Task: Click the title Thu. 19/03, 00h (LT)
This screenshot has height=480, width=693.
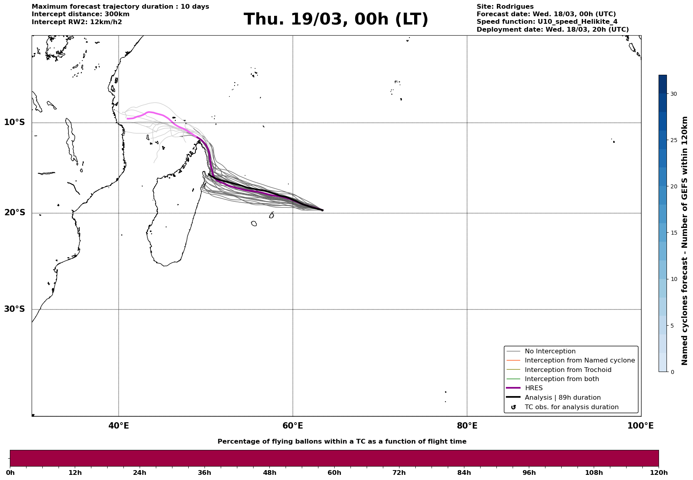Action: click(336, 19)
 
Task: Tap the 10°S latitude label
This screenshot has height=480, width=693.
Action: click(15, 122)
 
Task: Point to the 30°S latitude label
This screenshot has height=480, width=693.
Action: click(15, 309)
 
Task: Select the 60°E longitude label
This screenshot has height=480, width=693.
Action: click(293, 426)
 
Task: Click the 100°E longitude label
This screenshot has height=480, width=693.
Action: click(640, 426)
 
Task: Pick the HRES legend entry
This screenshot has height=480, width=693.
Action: click(534, 388)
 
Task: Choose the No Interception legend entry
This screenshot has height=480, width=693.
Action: click(550, 351)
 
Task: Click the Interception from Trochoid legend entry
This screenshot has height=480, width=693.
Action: click(568, 370)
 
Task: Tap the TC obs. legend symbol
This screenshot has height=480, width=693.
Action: click(513, 407)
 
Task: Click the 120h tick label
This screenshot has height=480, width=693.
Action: click(659, 472)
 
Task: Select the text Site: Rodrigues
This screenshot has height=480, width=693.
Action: click(505, 7)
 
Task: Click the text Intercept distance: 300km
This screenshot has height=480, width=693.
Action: click(80, 14)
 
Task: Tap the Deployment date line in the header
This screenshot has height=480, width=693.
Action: click(552, 30)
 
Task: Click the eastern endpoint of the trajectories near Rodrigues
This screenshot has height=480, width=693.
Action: click(322, 210)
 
